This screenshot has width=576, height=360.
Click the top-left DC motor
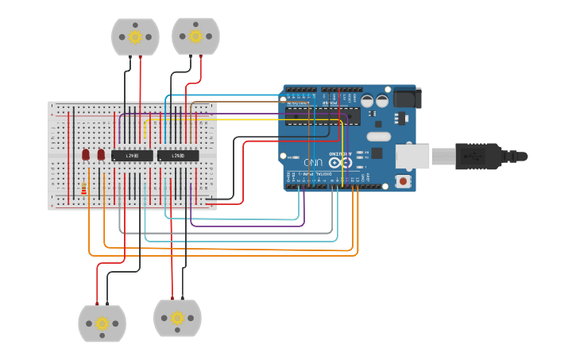pyautogui.click(x=135, y=37)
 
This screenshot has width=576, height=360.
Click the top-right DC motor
pyautogui.click(x=195, y=37)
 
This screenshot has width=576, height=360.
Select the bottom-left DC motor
pyautogui.click(x=102, y=323)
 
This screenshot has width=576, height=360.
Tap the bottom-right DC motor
pyautogui.click(x=177, y=318)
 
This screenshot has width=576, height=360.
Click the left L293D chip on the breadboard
pyautogui.click(x=132, y=156)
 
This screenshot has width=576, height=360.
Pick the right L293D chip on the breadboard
pyautogui.click(x=178, y=156)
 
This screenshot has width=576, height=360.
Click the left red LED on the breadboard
pyautogui.click(x=86, y=154)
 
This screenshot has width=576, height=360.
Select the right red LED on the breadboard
pyautogui.click(x=101, y=154)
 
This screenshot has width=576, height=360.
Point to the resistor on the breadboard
pyautogui.click(x=84, y=189)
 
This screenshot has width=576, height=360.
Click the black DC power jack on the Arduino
pyautogui.click(x=407, y=98)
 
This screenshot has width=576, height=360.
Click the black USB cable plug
pyautogui.click(x=477, y=156)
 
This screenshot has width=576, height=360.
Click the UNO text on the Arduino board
pyautogui.click(x=315, y=162)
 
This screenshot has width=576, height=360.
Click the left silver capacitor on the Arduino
pyautogui.click(x=367, y=101)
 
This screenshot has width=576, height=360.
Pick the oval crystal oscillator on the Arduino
pyautogui.click(x=378, y=136)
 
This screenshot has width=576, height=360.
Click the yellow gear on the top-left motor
pyautogui.click(x=135, y=37)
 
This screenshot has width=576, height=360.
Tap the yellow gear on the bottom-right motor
pyautogui.click(x=177, y=318)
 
